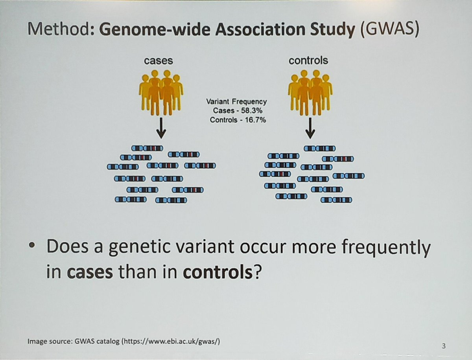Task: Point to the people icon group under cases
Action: tap(161, 92)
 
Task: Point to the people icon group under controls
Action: tap(310, 92)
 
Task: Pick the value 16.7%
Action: tap(254, 120)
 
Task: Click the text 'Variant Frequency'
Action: tap(236, 102)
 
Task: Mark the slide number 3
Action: tap(444, 346)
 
